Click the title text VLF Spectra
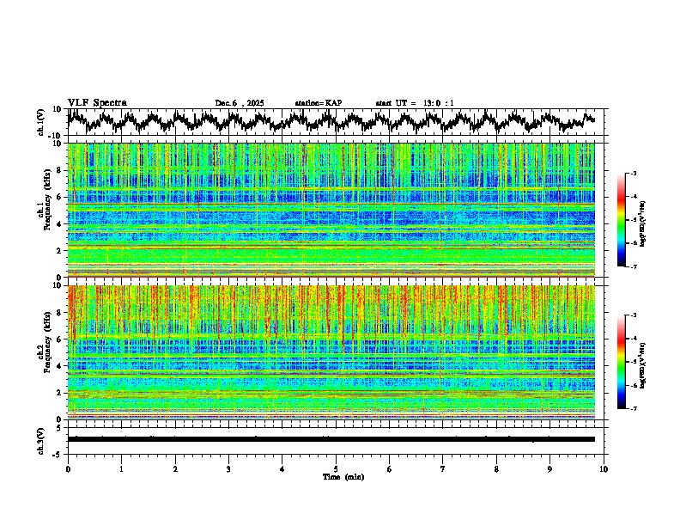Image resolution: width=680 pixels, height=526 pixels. click(x=97, y=102)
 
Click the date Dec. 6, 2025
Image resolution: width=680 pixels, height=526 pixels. click(x=240, y=103)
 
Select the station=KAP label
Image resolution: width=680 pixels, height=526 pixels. click(x=319, y=103)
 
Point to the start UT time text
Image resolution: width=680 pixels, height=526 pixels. click(x=415, y=103)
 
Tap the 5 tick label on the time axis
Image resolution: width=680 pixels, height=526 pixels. click(x=336, y=468)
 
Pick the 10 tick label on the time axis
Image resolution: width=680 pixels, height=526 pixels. click(x=604, y=468)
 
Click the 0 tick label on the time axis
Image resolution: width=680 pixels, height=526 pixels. click(x=68, y=468)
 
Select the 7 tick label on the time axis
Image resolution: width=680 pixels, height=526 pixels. click(x=443, y=468)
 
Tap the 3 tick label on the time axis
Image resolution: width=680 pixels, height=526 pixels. click(x=228, y=468)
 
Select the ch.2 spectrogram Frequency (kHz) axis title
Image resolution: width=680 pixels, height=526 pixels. click(x=42, y=352)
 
